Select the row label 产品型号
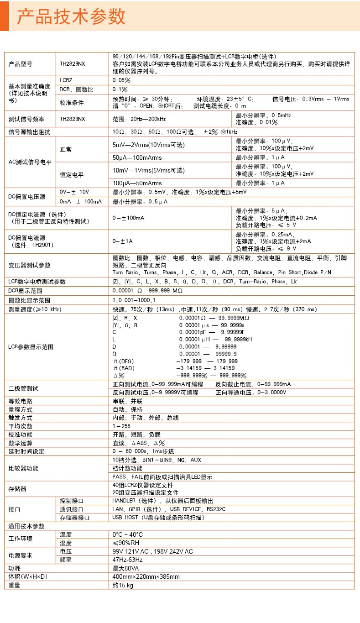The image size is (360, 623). click(21, 64)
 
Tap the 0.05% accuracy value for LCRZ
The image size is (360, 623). click(121, 80)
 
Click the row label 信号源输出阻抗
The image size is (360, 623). click(30, 132)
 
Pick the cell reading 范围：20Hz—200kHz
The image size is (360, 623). click(139, 119)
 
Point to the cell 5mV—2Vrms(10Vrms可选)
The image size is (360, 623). click(148, 145)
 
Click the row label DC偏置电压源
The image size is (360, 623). click(27, 196)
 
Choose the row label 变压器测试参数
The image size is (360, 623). click(30, 265)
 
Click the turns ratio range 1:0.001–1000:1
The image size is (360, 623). click(134, 300)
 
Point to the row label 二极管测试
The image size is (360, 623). click(23, 388)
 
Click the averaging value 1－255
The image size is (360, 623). click(121, 426)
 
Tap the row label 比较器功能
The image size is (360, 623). click(23, 468)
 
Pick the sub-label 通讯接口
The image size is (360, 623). click(72, 509)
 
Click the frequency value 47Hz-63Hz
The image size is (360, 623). click(128, 559)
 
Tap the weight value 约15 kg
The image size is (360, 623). click(123, 585)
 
